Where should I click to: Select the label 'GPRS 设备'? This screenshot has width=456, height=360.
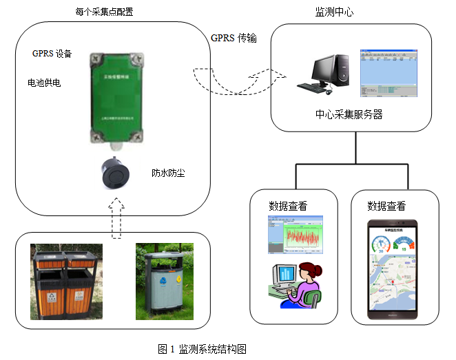click(52, 53)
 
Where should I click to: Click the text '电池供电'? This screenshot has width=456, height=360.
click(44, 83)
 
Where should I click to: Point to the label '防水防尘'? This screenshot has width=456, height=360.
click(169, 173)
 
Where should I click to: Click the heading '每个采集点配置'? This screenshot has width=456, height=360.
click(104, 12)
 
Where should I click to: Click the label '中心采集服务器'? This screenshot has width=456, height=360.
click(349, 115)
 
